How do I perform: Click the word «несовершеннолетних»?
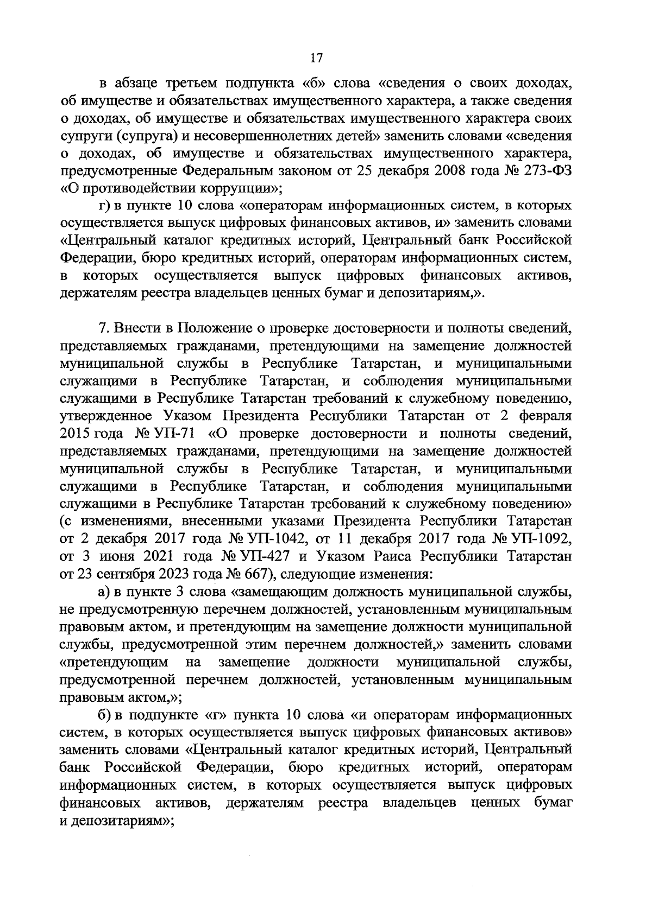[281, 136]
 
